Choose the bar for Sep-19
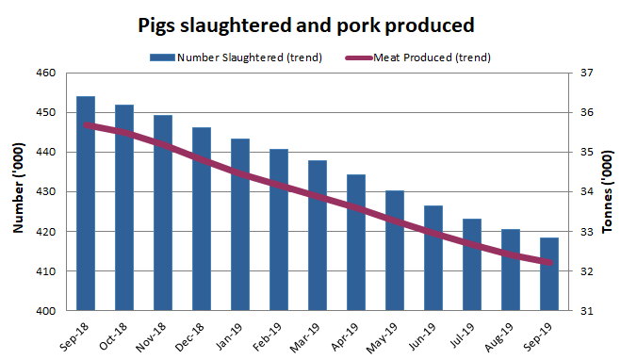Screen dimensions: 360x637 pos(548,274)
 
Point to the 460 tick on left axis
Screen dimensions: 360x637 pos(46,73)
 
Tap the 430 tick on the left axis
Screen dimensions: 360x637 pos(46,192)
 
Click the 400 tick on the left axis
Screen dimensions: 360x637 pos(46,311)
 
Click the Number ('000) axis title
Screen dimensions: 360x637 pos(18,192)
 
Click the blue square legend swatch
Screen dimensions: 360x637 pos(162,57)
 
